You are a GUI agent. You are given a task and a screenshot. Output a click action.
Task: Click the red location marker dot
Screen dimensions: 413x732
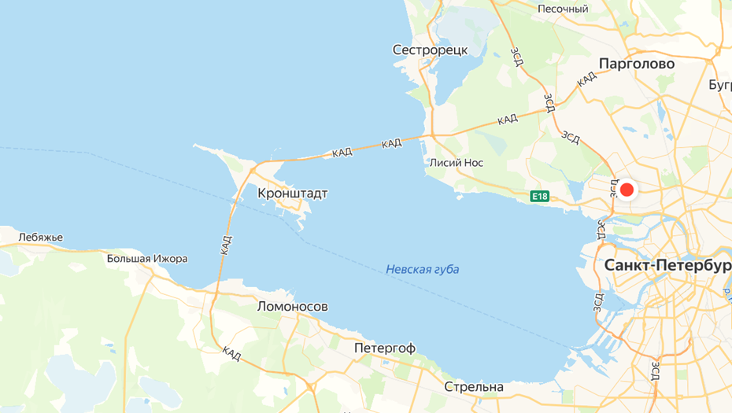(627, 190)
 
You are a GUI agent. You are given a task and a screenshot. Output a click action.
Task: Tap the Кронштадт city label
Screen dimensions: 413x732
(293, 194)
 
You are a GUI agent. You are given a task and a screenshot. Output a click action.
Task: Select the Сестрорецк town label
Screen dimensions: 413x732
(430, 50)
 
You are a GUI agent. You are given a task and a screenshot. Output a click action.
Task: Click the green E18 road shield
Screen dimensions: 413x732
(539, 196)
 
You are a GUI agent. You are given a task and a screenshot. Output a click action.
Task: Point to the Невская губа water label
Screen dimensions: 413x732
(423, 270)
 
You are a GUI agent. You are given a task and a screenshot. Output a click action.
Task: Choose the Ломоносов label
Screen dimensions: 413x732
(293, 307)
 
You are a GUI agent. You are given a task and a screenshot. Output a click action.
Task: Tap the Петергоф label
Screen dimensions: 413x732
(385, 348)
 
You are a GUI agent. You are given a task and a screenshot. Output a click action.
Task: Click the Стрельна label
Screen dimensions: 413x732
(474, 387)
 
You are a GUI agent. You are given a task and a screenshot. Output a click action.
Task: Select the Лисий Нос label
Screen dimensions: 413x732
(457, 163)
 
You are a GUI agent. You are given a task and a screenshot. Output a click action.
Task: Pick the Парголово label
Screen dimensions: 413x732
(637, 64)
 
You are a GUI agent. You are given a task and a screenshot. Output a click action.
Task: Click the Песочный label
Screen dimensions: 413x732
(563, 9)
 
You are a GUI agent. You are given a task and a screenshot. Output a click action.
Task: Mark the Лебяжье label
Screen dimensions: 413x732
(40, 238)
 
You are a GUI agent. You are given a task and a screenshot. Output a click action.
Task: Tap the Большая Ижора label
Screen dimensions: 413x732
(147, 259)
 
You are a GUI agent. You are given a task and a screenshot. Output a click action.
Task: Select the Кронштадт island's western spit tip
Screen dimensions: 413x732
(195, 146)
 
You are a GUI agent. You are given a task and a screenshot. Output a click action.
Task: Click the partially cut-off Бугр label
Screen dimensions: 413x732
(719, 84)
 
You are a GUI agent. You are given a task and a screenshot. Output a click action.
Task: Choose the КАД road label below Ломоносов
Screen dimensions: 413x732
(231, 354)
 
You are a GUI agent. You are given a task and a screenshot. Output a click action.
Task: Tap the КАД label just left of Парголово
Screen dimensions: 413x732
(586, 79)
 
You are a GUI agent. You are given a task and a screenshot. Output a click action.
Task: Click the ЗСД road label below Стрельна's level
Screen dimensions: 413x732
(656, 369)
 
